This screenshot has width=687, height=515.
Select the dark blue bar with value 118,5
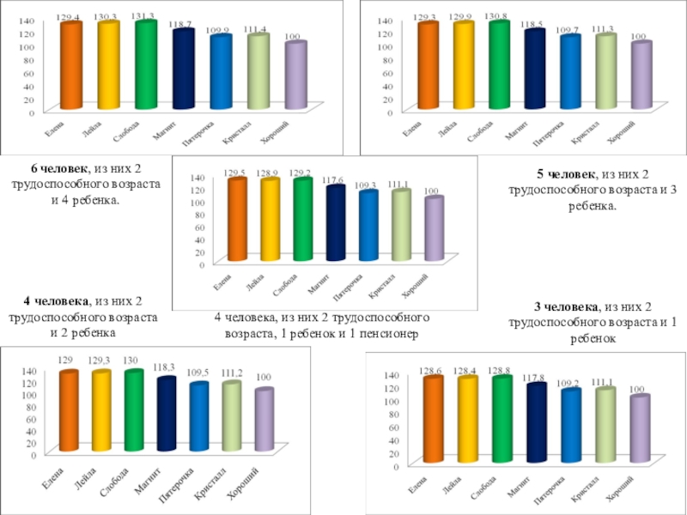click(x=535, y=70)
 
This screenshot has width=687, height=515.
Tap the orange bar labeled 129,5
click(x=236, y=220)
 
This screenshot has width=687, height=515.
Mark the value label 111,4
click(x=255, y=30)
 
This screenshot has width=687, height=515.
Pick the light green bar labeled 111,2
click(x=231, y=417)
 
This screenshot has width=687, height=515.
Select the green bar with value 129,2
click(x=302, y=220)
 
